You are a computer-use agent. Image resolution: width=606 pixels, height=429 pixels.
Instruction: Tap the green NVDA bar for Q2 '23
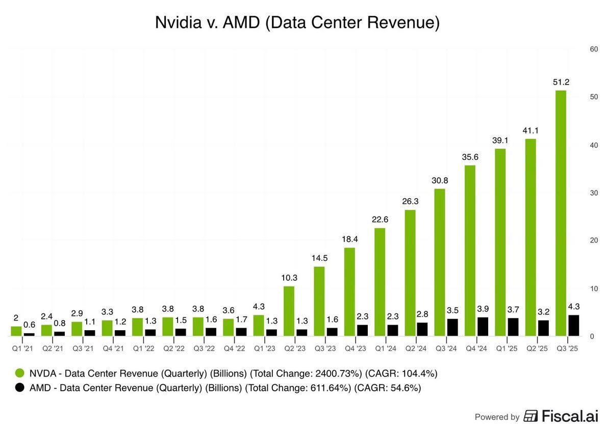[289, 311]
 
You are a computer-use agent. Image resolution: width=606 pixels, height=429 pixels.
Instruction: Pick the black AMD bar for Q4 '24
[482, 326]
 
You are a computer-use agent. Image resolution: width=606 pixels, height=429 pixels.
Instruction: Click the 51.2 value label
[561, 82]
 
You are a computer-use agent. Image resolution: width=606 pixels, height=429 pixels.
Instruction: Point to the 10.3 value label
[289, 278]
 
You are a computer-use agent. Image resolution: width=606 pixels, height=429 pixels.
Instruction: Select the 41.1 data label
[531, 130]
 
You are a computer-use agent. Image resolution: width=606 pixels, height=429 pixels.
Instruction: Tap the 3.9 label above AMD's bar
[482, 309]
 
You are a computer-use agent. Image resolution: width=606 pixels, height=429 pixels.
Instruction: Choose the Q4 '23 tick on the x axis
[355, 348]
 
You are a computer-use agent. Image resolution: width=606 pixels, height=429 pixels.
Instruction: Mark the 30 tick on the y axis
[593, 193]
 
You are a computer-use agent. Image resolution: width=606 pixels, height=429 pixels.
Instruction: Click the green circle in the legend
[20, 373]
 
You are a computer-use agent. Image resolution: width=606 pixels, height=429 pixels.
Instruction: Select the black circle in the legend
[20, 388]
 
